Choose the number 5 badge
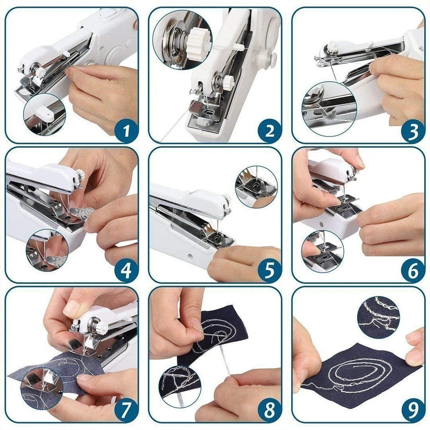click(x=269, y=270)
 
